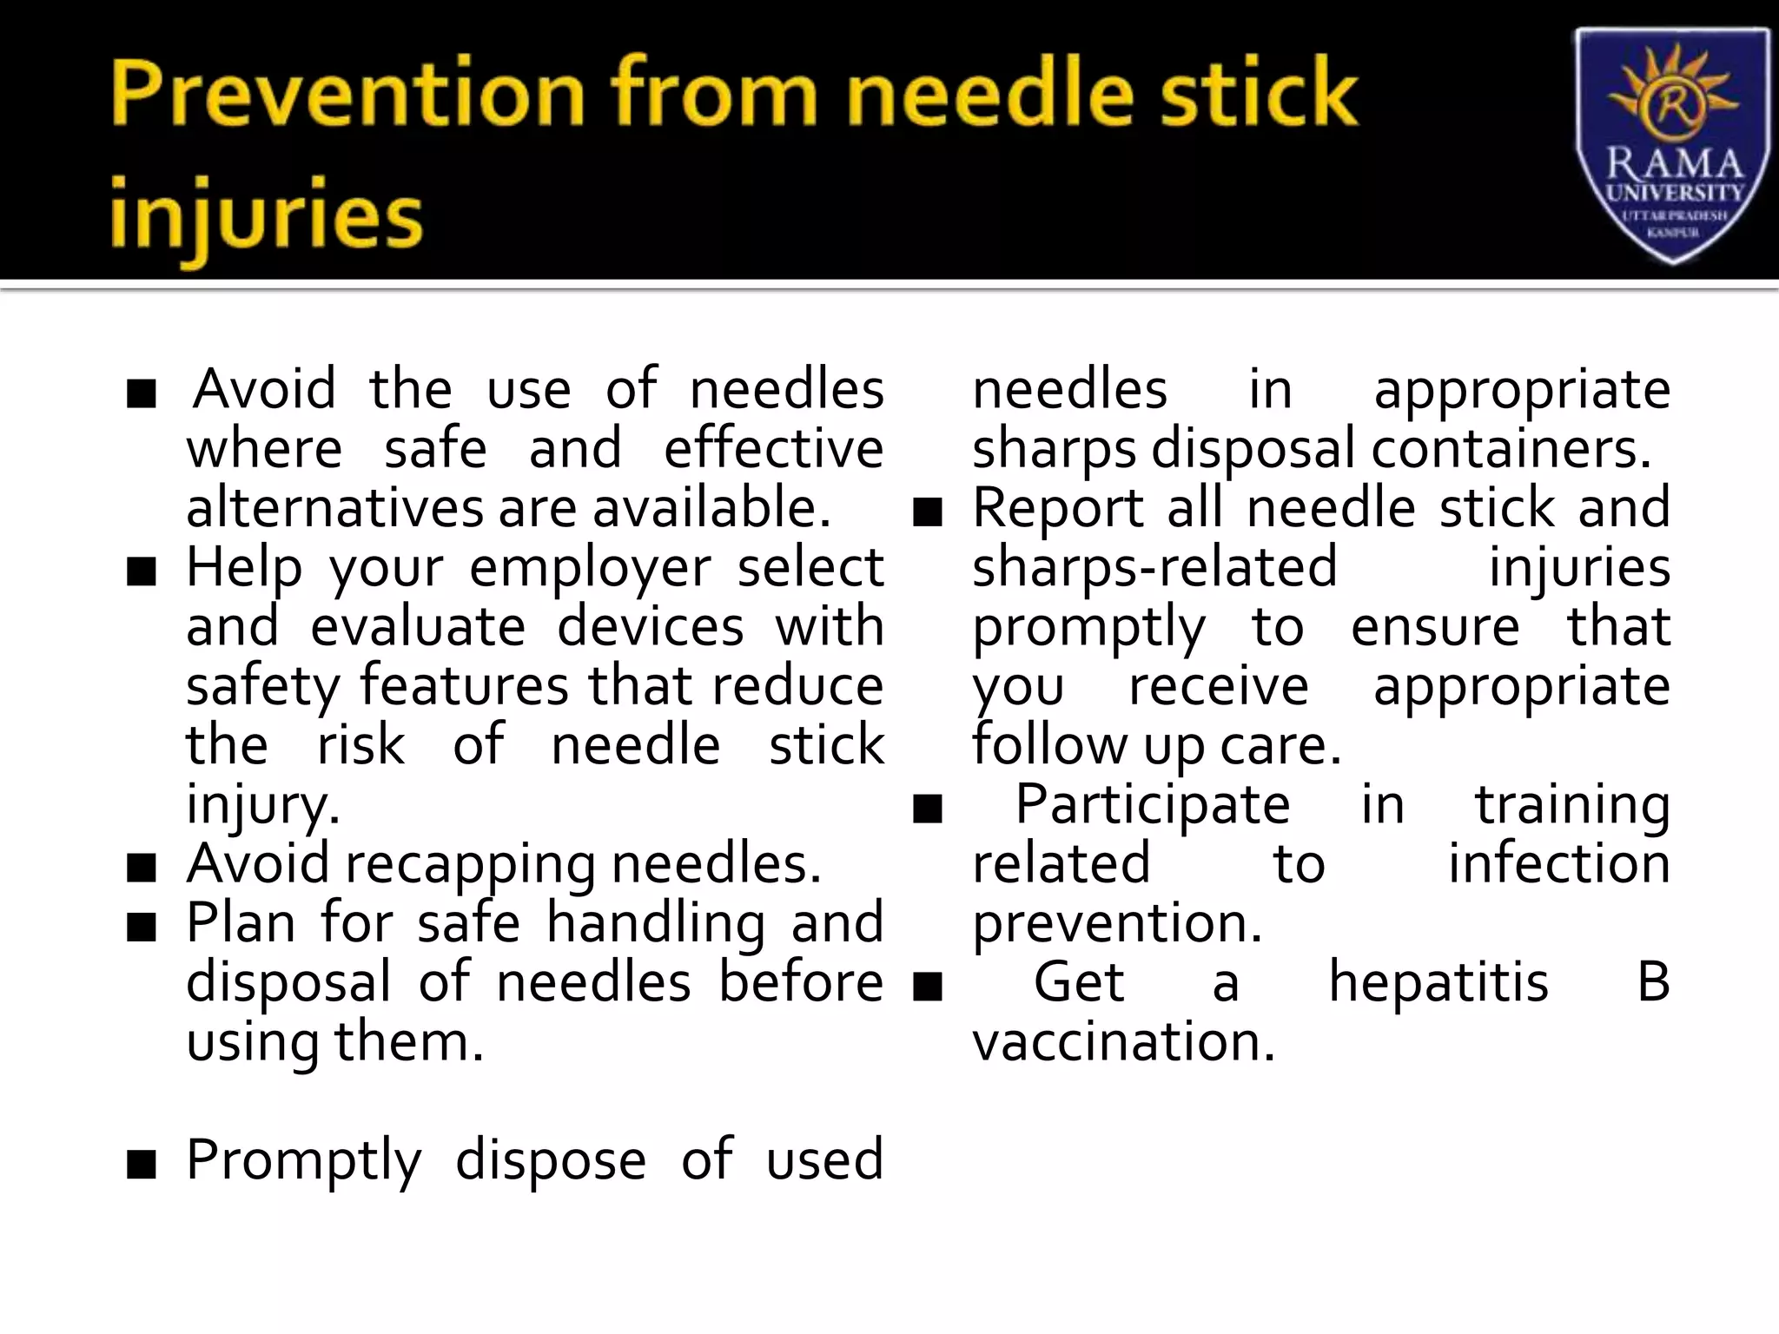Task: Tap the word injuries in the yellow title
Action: point(266,217)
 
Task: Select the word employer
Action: point(591,570)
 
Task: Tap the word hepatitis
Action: point(1438,983)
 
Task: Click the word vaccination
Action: point(1123,1042)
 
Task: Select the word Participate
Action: point(1153,805)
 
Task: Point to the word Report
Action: point(1057,508)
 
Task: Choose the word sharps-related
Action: point(1154,568)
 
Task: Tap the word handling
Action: point(655,923)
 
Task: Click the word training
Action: point(1572,805)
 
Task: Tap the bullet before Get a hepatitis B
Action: point(928,987)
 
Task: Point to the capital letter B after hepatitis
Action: point(1653,983)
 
